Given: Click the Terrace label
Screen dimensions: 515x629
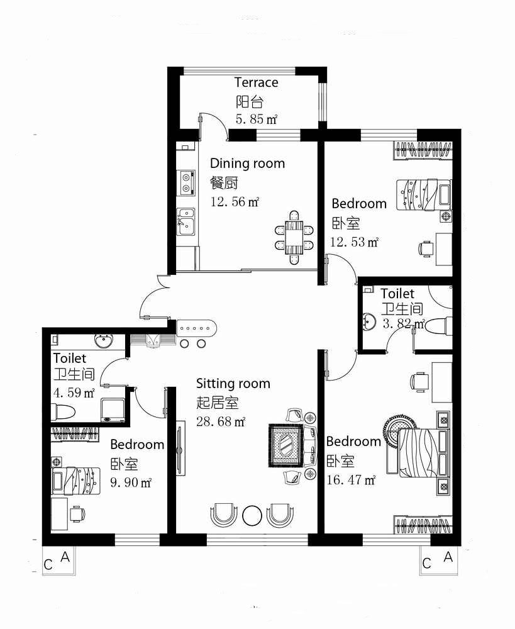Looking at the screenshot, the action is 257,82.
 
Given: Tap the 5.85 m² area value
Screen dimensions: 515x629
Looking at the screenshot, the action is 257,119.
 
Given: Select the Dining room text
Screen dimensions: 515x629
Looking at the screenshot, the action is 248,164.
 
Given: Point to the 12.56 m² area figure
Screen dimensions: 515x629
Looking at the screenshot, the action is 235,201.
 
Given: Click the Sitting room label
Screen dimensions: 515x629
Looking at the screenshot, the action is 233,384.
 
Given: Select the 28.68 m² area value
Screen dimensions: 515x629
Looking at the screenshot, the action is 221,421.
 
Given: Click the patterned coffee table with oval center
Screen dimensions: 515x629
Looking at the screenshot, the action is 286,445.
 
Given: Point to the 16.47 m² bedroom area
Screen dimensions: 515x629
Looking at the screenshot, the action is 351,479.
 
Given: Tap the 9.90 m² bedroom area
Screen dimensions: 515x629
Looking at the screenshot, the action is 131,482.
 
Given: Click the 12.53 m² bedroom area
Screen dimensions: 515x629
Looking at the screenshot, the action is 354,242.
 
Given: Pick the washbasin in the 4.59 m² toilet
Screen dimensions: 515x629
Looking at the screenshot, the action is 104,340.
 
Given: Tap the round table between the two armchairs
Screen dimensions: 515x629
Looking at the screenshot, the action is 252,515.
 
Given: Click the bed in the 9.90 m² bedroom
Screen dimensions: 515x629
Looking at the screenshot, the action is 76,481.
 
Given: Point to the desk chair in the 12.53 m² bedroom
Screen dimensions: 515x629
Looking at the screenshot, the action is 426,248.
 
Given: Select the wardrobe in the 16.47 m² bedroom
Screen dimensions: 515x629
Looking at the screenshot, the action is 424,525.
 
